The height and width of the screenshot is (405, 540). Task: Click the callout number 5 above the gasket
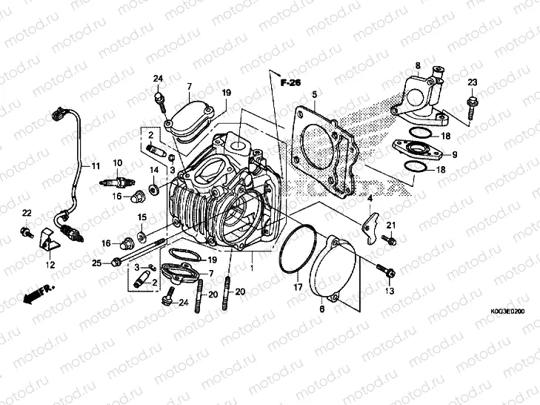coord(314,95)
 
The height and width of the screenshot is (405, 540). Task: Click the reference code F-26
coord(290,84)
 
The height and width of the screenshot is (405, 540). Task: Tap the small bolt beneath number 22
coord(27,234)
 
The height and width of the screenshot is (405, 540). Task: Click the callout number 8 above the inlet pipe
coord(418,65)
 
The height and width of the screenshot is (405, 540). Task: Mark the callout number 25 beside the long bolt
coord(97,263)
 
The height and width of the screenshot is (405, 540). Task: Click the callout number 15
coord(141,217)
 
